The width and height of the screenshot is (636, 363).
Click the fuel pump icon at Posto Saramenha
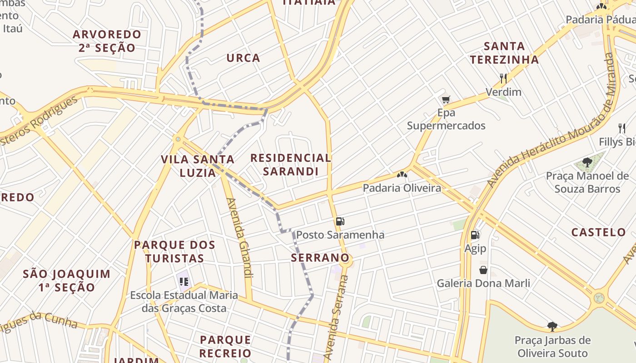click(340, 221)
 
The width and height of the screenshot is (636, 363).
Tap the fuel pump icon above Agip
click(475, 235)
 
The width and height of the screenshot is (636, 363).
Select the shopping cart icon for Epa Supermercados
click(446, 99)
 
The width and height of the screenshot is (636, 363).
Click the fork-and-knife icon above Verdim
click(503, 78)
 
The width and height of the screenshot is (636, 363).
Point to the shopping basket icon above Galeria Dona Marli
click(483, 270)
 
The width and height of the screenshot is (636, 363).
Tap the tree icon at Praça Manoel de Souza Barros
click(587, 162)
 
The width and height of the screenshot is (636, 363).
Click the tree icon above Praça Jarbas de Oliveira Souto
click(552, 326)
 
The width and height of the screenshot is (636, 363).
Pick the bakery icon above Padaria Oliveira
click(402, 174)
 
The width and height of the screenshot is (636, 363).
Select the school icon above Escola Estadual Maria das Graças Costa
click(184, 282)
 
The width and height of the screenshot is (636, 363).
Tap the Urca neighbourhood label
click(243, 58)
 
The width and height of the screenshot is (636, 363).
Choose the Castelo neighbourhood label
click(598, 232)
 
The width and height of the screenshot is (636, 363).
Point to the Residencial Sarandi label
click(291, 165)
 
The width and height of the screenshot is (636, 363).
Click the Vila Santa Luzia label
click(198, 166)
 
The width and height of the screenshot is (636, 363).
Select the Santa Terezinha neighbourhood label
click(504, 53)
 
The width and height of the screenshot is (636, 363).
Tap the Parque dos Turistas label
click(174, 252)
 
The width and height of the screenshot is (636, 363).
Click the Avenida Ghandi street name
click(239, 238)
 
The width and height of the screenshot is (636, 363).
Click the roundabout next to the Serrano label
click(345, 259)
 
